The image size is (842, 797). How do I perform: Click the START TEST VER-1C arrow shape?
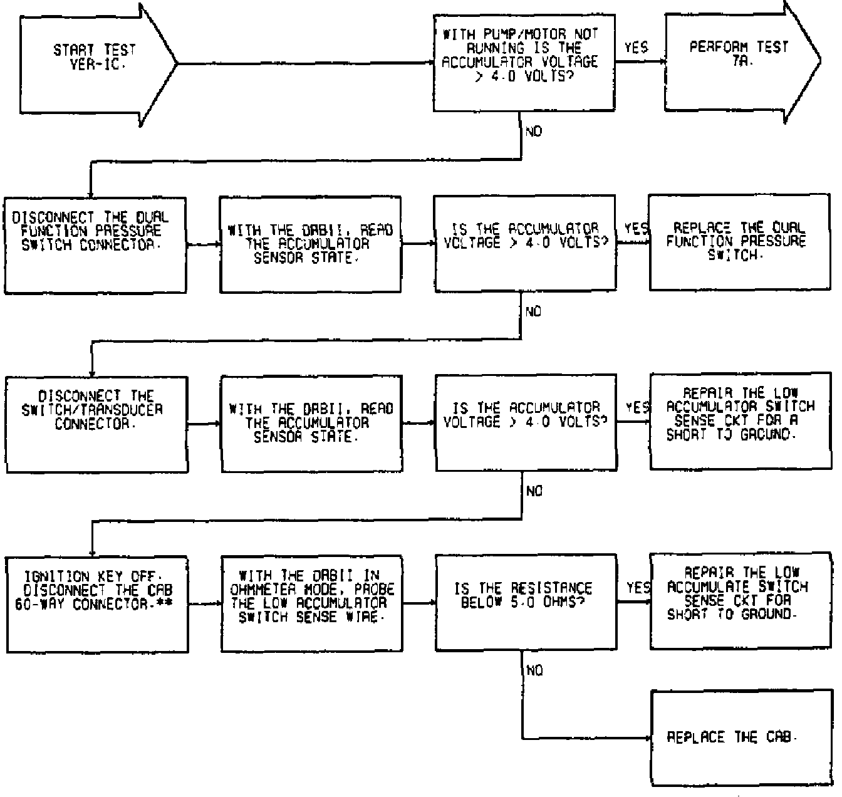pyautogui.click(x=94, y=63)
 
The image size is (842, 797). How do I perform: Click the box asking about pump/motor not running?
pyautogui.click(x=525, y=62)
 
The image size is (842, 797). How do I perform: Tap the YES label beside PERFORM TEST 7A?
pyautogui.click(x=636, y=48)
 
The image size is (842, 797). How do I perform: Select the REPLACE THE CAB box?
pyautogui.click(x=739, y=737)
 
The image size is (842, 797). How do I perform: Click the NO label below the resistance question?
pyautogui.click(x=534, y=671)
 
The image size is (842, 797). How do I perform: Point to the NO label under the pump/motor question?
pyautogui.click(x=534, y=132)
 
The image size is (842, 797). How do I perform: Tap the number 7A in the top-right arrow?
pyautogui.click(x=740, y=63)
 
